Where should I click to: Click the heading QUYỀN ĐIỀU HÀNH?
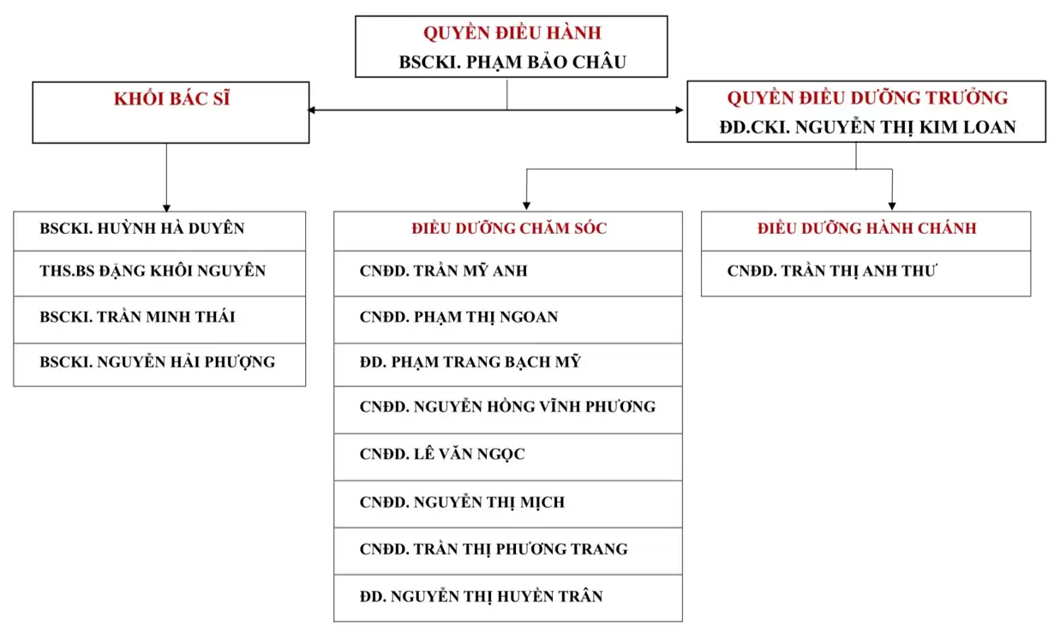512,33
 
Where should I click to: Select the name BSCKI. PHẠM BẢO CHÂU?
512,62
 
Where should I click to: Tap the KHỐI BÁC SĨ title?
171,99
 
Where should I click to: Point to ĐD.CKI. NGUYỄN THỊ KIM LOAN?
867,127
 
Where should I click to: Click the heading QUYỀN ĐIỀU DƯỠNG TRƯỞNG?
867,98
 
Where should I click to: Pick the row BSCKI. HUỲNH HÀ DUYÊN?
142,228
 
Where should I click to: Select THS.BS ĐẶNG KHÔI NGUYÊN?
153,271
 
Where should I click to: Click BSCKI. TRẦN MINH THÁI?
137,317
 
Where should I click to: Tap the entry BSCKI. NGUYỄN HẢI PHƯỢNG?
157,362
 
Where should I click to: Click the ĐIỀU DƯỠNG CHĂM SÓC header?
509,228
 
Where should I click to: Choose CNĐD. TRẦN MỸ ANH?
443,271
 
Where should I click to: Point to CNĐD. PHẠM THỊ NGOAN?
458,317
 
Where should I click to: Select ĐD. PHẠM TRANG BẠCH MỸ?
470,362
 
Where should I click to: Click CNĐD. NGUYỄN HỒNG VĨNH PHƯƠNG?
507,407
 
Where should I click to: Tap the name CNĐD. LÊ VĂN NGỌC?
442,454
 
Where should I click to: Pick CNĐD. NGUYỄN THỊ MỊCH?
462,502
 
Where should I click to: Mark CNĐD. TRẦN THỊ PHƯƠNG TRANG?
494,549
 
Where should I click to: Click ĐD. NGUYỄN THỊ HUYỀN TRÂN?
481,596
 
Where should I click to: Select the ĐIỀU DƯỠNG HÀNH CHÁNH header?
866,228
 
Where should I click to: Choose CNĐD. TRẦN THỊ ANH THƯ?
832,271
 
